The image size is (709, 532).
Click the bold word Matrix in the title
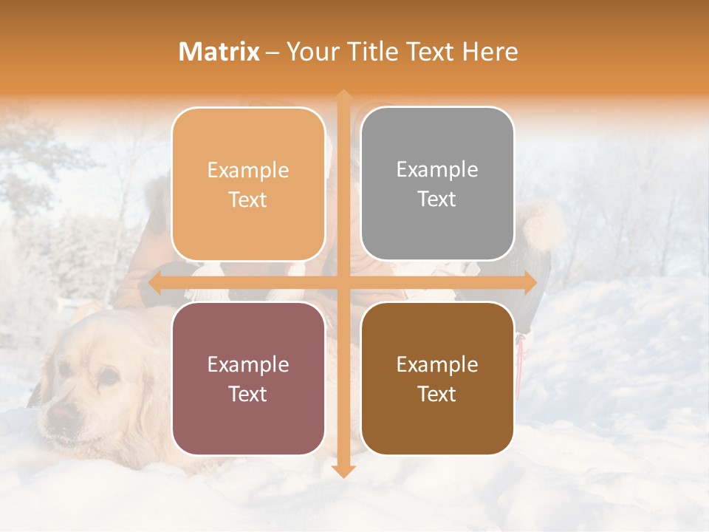(219, 51)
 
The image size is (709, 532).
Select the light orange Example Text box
(248, 184)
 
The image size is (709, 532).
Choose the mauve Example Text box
(248, 378)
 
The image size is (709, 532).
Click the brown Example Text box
(437, 378)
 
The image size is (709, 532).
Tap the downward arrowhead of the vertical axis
(343, 471)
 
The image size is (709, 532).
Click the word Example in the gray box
(437, 169)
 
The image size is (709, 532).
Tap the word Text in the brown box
(437, 394)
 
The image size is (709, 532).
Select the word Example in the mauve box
(248, 364)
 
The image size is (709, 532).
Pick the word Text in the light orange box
(248, 199)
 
